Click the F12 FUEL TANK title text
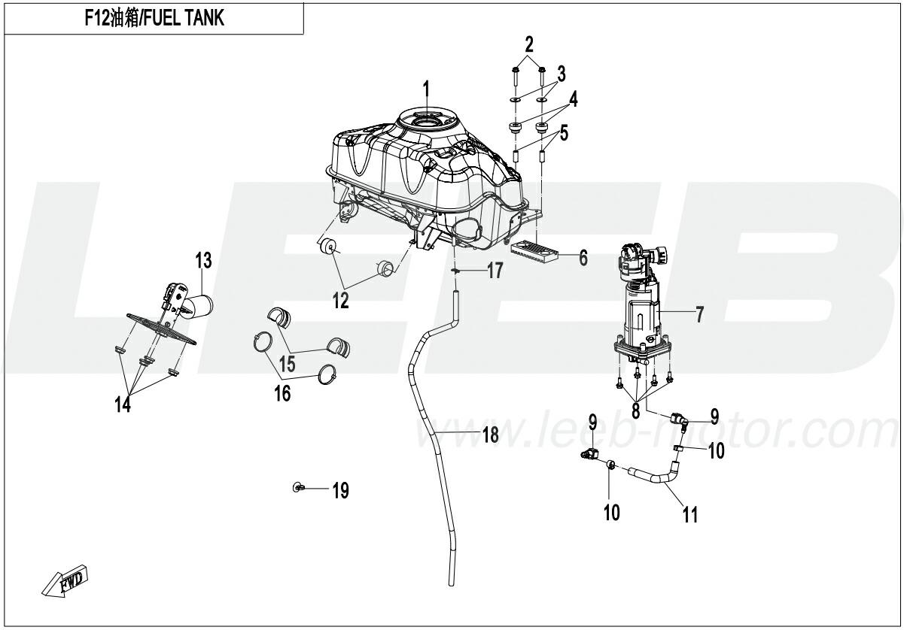tap(154, 19)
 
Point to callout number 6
tap(583, 258)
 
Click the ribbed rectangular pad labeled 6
tap(535, 251)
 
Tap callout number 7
tap(699, 315)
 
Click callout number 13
tap(204, 262)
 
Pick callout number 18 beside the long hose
tap(490, 435)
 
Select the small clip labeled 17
tap(456, 271)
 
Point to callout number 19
tap(340, 492)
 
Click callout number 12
tap(341, 301)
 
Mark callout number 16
tap(282, 393)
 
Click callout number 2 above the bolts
tap(529, 41)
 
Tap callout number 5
tap(564, 135)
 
